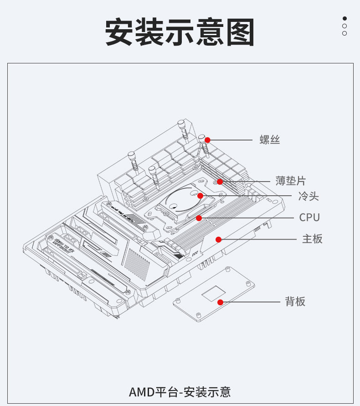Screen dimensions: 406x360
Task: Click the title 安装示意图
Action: [180, 32]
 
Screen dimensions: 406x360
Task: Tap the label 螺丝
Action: [270, 140]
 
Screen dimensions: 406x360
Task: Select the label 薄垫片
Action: [290, 181]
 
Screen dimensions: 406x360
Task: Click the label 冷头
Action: [309, 197]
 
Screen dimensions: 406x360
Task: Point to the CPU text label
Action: [309, 218]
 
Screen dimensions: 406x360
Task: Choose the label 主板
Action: [312, 239]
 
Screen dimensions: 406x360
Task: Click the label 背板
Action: [295, 302]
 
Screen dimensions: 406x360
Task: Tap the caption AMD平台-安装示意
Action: [180, 391]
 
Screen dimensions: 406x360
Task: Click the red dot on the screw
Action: [207, 140]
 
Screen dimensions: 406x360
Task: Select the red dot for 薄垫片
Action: [220, 181]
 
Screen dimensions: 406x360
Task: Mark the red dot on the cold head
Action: [200, 196]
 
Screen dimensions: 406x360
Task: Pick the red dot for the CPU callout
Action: [199, 218]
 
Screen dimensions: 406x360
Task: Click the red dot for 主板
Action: [219, 239]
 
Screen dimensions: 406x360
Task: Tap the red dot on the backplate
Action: [220, 302]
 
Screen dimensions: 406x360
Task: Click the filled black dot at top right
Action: [345, 19]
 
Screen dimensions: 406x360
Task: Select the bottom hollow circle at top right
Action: [345, 33]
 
